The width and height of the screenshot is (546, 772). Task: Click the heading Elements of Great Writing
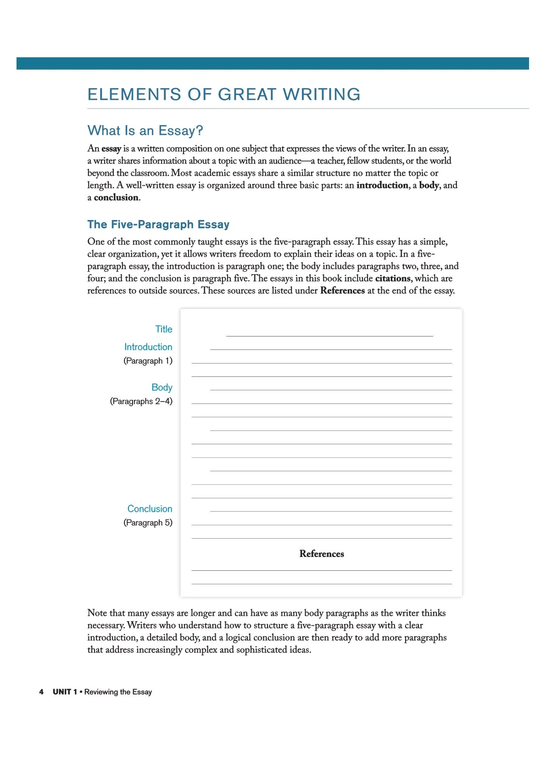point(224,94)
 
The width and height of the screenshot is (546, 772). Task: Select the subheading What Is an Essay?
point(145,131)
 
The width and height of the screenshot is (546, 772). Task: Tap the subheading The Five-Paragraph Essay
point(158,225)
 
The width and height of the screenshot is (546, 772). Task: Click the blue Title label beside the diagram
point(164,329)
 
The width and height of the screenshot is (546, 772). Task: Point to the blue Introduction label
point(148,347)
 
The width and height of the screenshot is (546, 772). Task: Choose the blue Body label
point(162,387)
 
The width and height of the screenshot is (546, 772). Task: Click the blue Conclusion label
point(150,509)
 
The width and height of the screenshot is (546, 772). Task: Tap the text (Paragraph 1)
point(148,361)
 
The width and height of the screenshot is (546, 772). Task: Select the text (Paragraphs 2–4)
point(141,401)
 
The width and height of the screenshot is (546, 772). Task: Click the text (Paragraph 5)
point(148,523)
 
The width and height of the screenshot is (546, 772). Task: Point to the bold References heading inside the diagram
point(322,554)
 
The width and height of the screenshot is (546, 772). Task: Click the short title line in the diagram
point(329,336)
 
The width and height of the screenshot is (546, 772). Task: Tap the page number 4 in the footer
point(41,692)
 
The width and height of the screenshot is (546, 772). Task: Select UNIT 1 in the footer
point(65,692)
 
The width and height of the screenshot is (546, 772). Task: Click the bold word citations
point(393,278)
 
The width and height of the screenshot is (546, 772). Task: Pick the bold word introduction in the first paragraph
point(382,185)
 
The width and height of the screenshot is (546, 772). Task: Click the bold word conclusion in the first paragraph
point(116,198)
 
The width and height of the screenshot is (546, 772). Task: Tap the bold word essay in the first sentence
point(111,149)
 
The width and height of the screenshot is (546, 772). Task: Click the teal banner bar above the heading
point(273,63)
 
